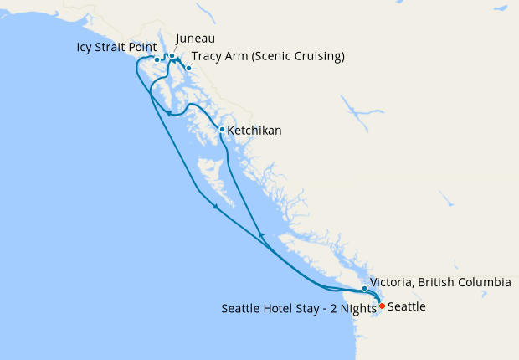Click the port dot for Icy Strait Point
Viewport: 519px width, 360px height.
click(x=157, y=60)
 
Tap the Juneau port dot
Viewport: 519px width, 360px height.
click(x=172, y=57)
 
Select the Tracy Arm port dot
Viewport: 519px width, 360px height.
click(x=189, y=68)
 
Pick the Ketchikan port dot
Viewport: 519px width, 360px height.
click(x=221, y=130)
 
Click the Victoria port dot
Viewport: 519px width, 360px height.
click(x=364, y=289)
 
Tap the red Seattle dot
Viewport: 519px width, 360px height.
click(x=382, y=306)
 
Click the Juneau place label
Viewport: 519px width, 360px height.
click(x=196, y=39)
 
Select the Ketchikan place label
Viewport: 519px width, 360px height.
click(x=254, y=131)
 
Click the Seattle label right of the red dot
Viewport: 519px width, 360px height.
click(x=407, y=307)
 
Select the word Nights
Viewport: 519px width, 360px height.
click(x=358, y=308)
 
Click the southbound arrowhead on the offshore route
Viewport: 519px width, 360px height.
click(x=216, y=207)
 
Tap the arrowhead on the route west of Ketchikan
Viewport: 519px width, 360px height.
click(x=169, y=113)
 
